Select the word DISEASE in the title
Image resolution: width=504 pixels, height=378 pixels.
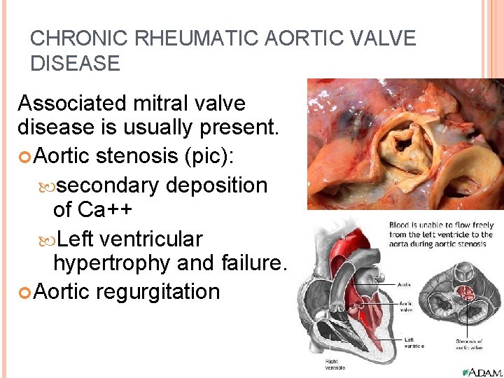pyautogui.click(x=75, y=64)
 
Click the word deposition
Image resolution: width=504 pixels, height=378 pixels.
pyautogui.click(x=217, y=185)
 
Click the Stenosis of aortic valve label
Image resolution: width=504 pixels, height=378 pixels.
pyautogui.click(x=467, y=344)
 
